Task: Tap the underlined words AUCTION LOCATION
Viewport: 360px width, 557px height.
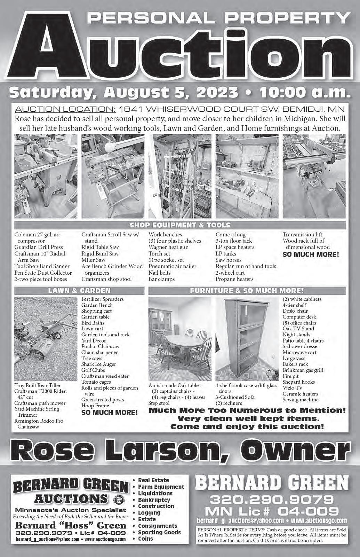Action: click(65, 109)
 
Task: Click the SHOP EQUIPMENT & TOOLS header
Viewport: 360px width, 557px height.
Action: click(180, 225)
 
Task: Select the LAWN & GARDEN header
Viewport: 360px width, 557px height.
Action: click(79, 290)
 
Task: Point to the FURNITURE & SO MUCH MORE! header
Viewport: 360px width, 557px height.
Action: click(247, 290)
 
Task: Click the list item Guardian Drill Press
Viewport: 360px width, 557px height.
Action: click(39, 247)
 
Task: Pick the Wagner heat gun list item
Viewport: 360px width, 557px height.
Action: click(168, 247)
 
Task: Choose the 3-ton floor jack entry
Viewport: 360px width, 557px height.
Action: click(234, 241)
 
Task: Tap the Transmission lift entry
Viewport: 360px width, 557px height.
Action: click(302, 235)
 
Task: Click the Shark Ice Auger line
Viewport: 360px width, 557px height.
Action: click(99, 364)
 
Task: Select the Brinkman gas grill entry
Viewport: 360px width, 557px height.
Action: click(303, 370)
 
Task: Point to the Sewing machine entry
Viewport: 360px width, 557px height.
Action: click(300, 400)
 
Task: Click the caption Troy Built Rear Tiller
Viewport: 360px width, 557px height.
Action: click(38, 385)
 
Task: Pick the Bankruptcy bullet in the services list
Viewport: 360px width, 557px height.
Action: click(154, 500)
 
